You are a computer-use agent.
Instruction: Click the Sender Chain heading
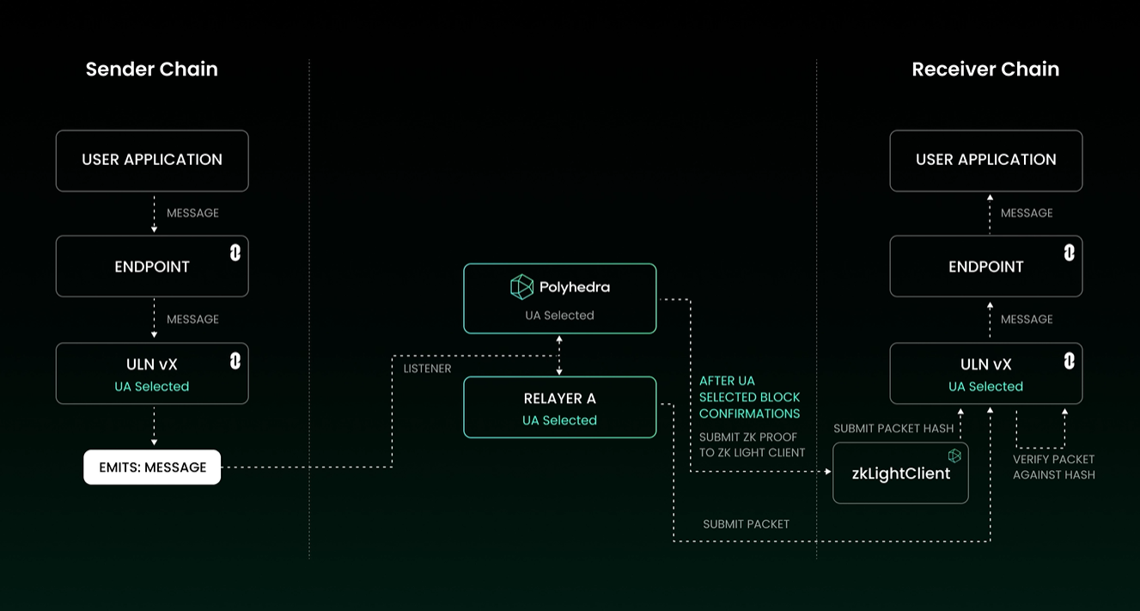point(152,70)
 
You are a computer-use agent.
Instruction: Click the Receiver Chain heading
point(985,70)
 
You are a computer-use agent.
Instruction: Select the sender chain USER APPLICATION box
point(152,161)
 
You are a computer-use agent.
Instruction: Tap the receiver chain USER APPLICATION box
point(985,161)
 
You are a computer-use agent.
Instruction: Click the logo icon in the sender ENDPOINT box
point(235,253)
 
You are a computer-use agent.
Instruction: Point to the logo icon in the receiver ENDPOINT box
point(1070,253)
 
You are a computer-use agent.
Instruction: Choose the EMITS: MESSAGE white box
point(152,467)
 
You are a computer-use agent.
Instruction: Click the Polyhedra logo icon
point(521,287)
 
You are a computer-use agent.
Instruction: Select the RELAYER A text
point(560,399)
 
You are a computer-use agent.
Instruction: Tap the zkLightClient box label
point(901,474)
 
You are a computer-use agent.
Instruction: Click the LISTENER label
point(428,369)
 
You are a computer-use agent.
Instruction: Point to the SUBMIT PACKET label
point(746,524)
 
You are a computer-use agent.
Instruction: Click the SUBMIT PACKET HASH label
point(893,429)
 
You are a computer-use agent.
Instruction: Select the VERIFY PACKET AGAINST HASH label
point(1053,467)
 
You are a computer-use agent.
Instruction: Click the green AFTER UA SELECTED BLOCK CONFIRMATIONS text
point(749,397)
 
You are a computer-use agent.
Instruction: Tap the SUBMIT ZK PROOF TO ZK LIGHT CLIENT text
point(752,444)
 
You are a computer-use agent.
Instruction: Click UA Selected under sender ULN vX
point(152,387)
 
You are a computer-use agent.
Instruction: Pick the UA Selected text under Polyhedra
point(559,315)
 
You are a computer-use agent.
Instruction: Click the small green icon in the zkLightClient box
point(954,455)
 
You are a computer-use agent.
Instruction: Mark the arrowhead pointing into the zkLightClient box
point(828,472)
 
